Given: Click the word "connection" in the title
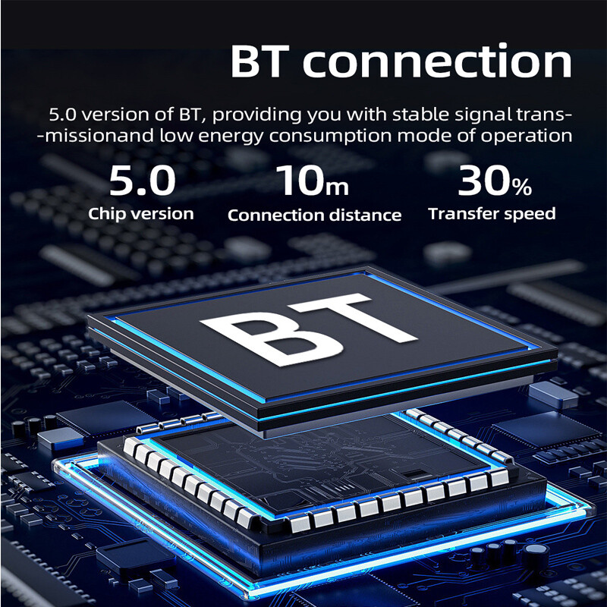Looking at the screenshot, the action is click(x=437, y=61).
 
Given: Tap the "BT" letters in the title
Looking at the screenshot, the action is click(x=260, y=61).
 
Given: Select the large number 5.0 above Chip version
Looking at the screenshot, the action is click(x=142, y=181).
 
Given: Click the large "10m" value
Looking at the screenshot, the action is click(x=313, y=181).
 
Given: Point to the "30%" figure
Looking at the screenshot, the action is click(x=495, y=181).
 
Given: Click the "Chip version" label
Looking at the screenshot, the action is click(x=141, y=214).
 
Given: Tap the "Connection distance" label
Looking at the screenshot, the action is click(x=314, y=215).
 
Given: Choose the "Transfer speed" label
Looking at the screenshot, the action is click(x=492, y=214).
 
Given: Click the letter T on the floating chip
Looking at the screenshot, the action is click(x=360, y=316).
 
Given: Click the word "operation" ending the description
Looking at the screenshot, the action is click(x=527, y=137).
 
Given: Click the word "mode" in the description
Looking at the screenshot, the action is click(x=424, y=136).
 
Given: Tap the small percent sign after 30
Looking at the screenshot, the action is click(x=522, y=187).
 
